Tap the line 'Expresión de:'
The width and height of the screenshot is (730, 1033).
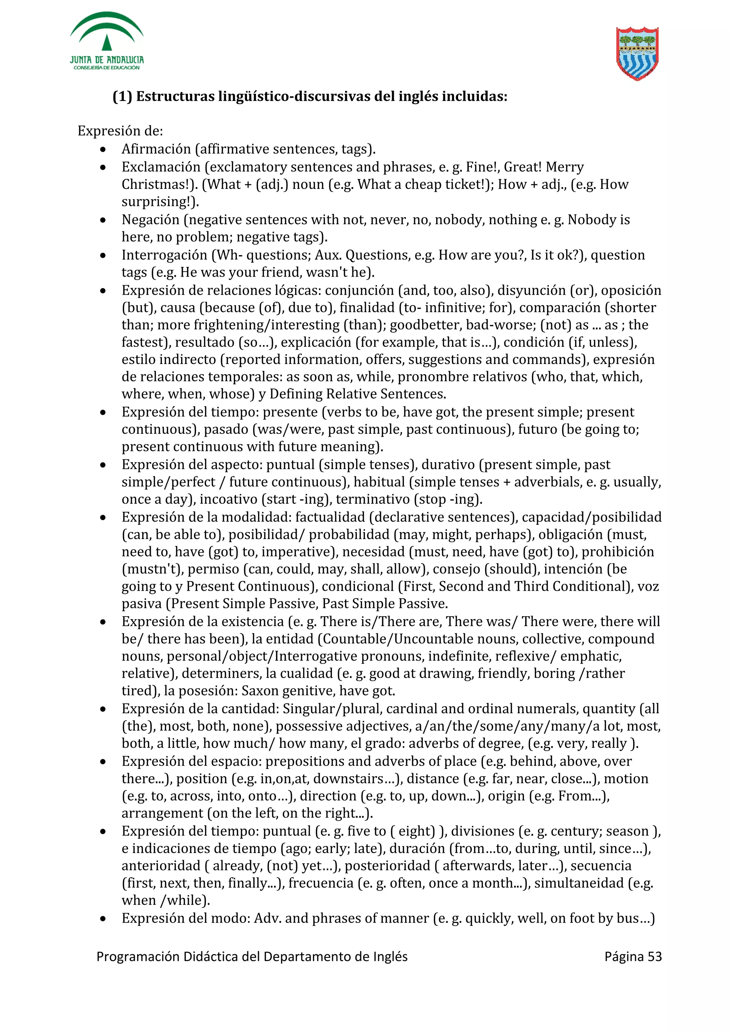coord(120,131)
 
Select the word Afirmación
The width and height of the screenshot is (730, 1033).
coord(156,149)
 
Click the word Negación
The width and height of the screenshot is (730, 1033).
coord(151,220)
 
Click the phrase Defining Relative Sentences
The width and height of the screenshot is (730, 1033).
coord(358,394)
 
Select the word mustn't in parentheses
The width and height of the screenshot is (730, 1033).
coord(153,569)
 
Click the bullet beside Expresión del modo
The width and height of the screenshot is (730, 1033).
coord(103,919)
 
